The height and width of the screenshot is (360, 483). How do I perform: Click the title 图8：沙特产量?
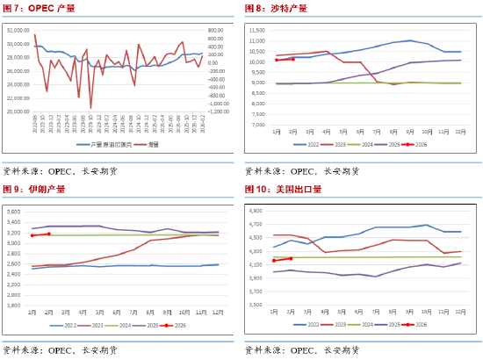[x=277, y=8]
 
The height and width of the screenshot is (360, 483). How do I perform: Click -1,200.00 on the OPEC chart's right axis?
[x=219, y=112]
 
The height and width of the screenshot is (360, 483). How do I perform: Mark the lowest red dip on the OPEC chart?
[x=91, y=108]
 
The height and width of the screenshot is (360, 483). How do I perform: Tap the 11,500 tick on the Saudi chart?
[x=257, y=30]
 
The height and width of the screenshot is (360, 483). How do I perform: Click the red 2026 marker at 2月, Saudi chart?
[x=293, y=60]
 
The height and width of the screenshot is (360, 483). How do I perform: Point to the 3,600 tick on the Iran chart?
[x=15, y=211]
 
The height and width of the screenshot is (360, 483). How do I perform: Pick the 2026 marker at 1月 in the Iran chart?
[x=32, y=235]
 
